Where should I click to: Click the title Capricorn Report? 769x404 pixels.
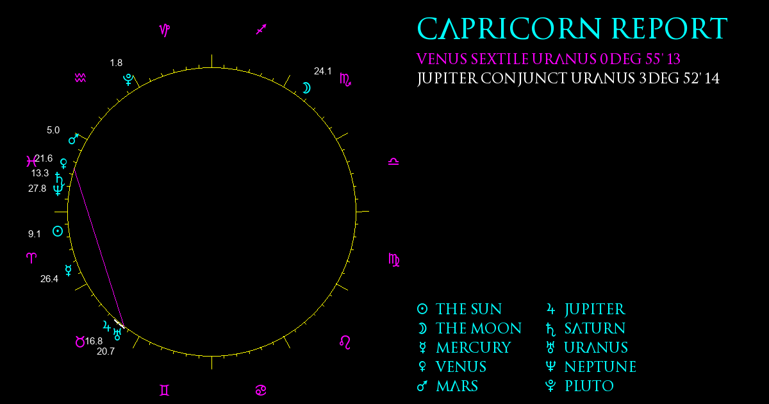[x=572, y=29]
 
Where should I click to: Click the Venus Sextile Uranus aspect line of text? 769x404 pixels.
[x=548, y=60]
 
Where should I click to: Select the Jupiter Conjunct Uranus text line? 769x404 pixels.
[x=568, y=80]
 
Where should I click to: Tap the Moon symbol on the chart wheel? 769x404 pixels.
[x=306, y=88]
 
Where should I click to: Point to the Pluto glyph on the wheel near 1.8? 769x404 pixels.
[x=128, y=80]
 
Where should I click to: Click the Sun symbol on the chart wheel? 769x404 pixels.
[x=58, y=231]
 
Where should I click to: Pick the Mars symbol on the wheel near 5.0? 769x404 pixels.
[x=74, y=139]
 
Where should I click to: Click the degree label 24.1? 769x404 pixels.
[x=322, y=71]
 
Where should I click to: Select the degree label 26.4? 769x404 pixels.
[x=49, y=278]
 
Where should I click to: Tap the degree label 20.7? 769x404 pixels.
[x=106, y=351]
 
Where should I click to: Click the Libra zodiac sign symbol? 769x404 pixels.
[x=393, y=162]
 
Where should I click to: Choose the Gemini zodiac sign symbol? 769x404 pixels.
[x=165, y=390]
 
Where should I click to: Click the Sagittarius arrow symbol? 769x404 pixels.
[x=261, y=29]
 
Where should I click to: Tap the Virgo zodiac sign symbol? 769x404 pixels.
[x=394, y=260]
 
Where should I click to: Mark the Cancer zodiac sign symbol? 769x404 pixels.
[x=261, y=390]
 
